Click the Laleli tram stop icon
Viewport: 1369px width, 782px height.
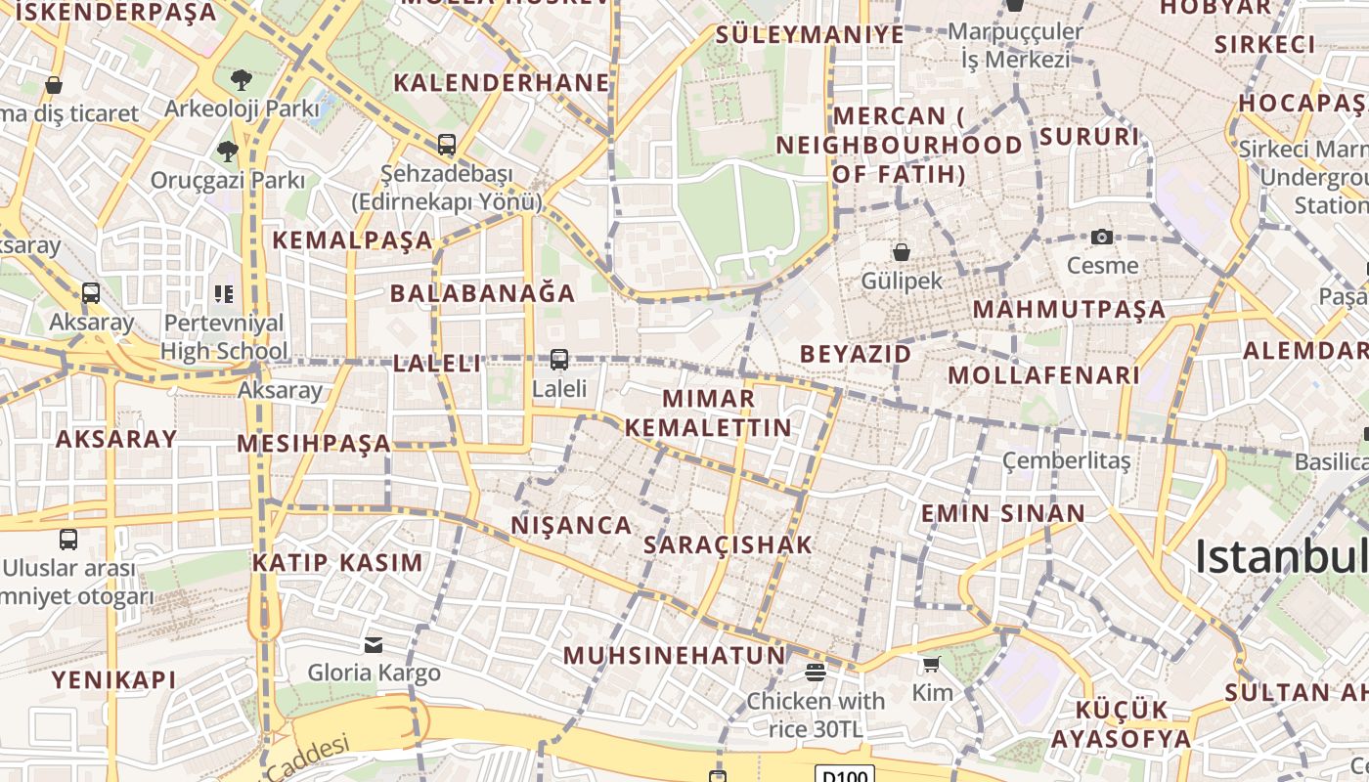point(559,360)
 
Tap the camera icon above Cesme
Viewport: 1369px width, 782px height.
point(1102,237)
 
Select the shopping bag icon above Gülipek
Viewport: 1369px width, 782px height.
point(902,252)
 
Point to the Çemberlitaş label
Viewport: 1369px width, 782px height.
point(1067,459)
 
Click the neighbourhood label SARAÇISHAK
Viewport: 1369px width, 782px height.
point(729,544)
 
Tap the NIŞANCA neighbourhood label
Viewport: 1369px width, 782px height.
point(572,525)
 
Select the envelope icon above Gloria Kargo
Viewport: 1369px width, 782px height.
point(374,644)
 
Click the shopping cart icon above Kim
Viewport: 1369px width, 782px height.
point(931,665)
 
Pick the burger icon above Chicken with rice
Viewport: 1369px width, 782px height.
point(816,672)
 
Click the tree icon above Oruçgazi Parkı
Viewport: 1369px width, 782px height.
point(228,151)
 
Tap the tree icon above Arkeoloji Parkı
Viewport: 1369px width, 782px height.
point(242,79)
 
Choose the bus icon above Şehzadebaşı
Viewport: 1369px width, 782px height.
point(447,145)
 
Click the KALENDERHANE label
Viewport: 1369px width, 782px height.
point(502,83)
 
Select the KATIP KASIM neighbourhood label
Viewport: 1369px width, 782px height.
point(337,562)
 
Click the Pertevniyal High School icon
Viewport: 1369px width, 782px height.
point(224,293)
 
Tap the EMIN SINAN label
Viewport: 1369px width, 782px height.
point(1003,513)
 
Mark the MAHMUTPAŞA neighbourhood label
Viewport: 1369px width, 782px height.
point(1069,310)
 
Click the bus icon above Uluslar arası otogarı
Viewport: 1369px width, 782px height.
point(68,539)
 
